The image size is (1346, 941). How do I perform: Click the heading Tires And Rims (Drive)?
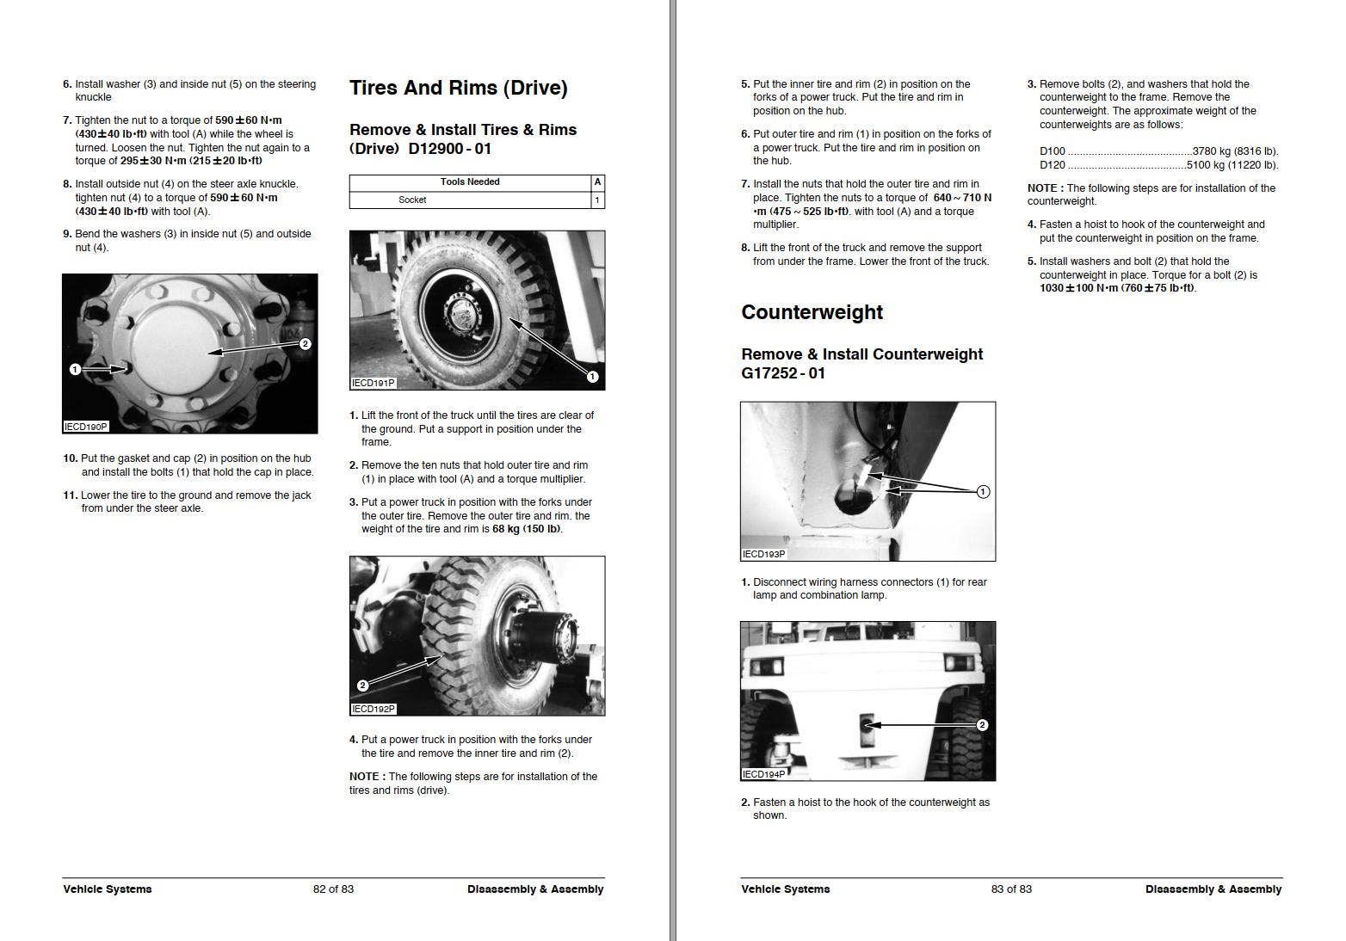(x=458, y=89)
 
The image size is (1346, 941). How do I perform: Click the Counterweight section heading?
(x=812, y=312)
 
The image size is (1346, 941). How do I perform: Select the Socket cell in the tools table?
(x=412, y=200)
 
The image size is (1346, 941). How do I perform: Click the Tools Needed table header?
(x=470, y=182)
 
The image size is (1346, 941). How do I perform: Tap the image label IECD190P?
(x=86, y=427)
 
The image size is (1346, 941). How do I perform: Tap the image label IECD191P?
(x=373, y=384)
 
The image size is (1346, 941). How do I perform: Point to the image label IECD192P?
(x=373, y=710)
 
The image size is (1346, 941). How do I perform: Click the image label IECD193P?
(x=763, y=555)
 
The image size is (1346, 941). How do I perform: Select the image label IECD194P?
(x=763, y=774)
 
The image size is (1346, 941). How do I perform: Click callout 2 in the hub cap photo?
(x=305, y=344)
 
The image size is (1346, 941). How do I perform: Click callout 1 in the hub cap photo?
(x=75, y=370)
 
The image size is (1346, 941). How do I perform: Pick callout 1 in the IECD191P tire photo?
(x=592, y=377)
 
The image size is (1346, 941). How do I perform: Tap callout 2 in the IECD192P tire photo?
(x=362, y=686)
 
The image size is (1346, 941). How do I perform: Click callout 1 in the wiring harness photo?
(x=983, y=492)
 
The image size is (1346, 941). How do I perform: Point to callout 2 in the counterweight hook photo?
(x=982, y=725)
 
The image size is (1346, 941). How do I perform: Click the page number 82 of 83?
(x=333, y=889)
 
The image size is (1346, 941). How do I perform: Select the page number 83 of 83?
(x=1011, y=889)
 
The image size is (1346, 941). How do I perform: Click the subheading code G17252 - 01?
(x=783, y=373)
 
